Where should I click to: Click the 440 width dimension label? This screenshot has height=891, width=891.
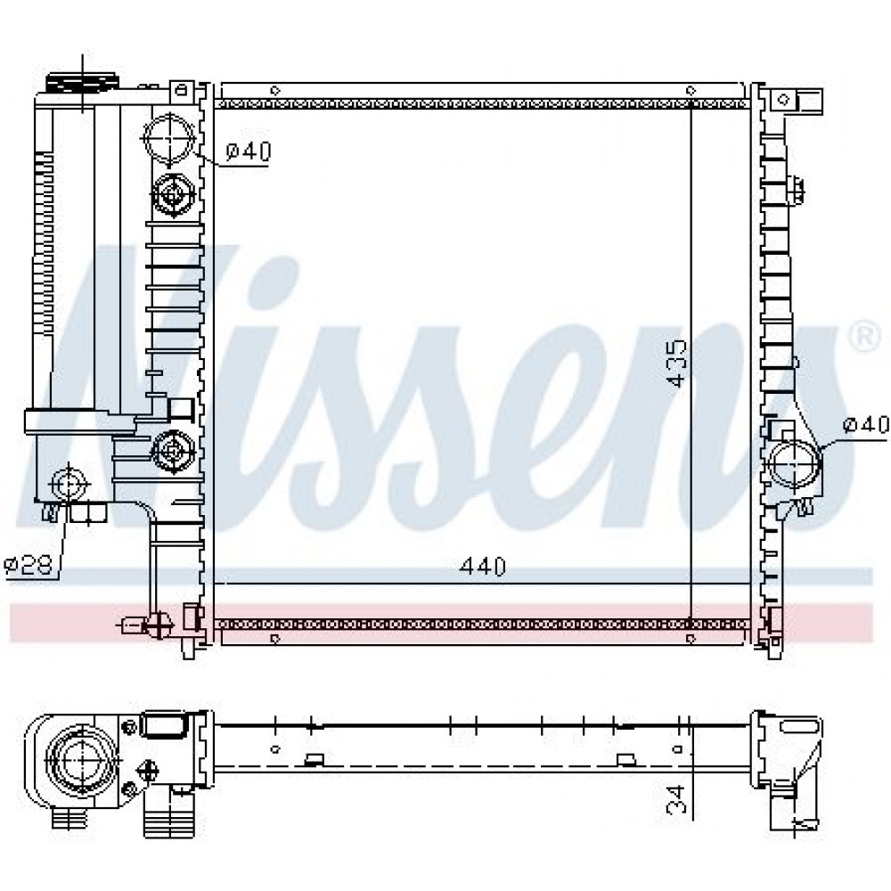point(482,567)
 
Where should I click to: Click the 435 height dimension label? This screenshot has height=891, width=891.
point(677,364)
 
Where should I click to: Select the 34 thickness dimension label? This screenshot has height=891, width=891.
point(677,798)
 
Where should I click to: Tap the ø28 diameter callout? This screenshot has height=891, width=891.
point(29,565)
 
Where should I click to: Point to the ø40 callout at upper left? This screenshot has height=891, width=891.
point(249,151)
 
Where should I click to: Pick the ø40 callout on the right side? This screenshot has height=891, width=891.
point(865,424)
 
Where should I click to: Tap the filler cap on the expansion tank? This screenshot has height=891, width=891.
point(83,84)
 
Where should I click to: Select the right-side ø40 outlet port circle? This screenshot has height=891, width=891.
point(793,463)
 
